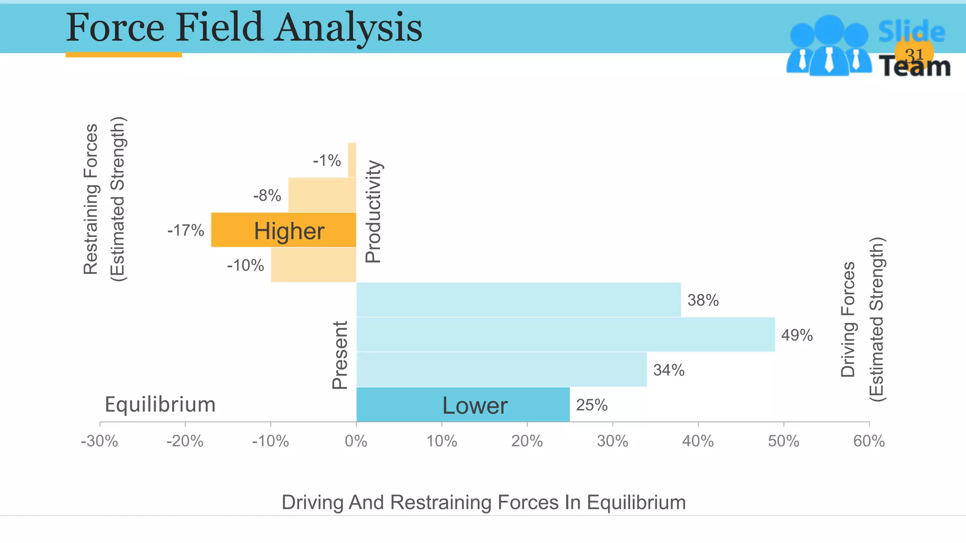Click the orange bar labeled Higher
point(283,230)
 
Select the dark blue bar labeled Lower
point(463,405)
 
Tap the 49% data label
point(797,335)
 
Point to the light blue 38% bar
point(518,300)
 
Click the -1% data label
point(327,160)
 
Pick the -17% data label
point(185,230)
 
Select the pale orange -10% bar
point(313,265)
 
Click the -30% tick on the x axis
point(100,441)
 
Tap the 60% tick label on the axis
point(869,441)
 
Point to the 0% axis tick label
point(356,441)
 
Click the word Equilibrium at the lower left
point(160,404)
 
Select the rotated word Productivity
point(373,211)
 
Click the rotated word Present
point(340,355)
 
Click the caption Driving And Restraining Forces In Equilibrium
point(483,502)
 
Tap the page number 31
point(914,55)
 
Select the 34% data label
point(668,370)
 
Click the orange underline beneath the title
point(124,55)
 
